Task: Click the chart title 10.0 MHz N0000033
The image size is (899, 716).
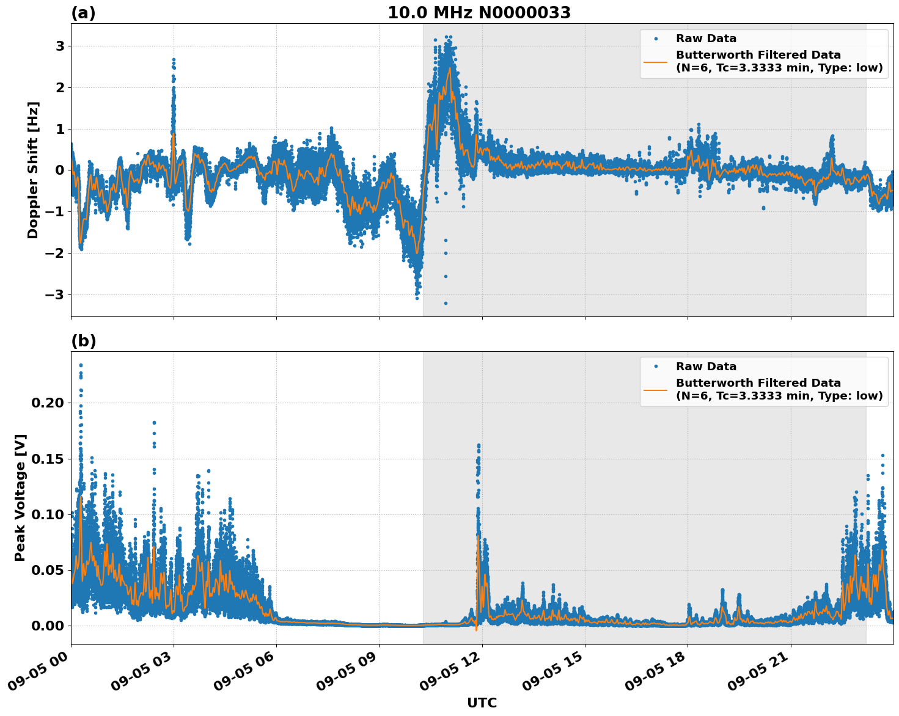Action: click(x=479, y=13)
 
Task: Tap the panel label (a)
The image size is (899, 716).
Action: click(x=83, y=13)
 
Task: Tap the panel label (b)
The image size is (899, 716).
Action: click(x=83, y=342)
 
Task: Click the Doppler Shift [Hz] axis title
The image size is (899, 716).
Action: click(x=33, y=170)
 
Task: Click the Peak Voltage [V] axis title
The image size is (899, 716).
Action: click(x=20, y=498)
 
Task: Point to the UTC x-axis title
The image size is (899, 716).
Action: click(x=482, y=703)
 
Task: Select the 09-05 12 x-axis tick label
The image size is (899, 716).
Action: click(x=449, y=673)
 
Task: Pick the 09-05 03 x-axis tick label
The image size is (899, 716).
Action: click(x=141, y=673)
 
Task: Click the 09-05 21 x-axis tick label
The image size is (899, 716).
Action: click(x=758, y=673)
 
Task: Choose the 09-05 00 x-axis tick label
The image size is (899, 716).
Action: click(x=38, y=673)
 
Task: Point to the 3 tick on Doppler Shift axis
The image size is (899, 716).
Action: click(x=61, y=46)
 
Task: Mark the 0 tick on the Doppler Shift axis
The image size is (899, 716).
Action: click(x=61, y=170)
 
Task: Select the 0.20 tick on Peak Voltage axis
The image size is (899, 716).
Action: click(x=48, y=403)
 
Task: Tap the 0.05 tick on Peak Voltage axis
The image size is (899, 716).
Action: click(x=48, y=571)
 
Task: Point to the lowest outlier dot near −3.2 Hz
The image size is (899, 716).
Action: click(x=446, y=303)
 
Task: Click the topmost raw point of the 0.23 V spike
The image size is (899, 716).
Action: click(x=81, y=365)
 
